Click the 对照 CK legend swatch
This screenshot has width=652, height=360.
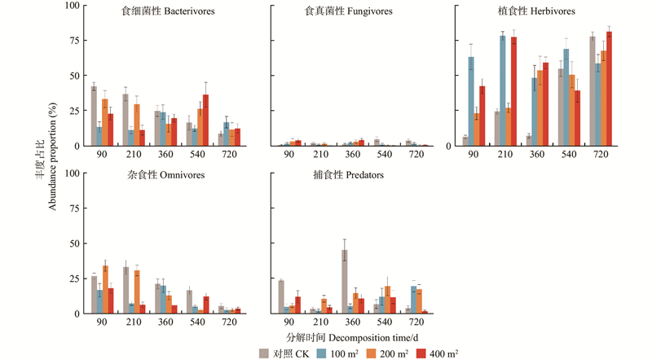point(264,353)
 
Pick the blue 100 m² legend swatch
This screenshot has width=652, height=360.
point(322,353)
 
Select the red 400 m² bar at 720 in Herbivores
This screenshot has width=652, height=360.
point(609,89)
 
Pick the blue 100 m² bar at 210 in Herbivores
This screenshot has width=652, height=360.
point(503,90)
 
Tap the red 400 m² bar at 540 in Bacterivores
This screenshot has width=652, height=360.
point(206,121)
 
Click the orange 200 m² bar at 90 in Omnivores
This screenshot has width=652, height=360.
point(106,289)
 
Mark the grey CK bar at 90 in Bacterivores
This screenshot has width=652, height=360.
point(94,116)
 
